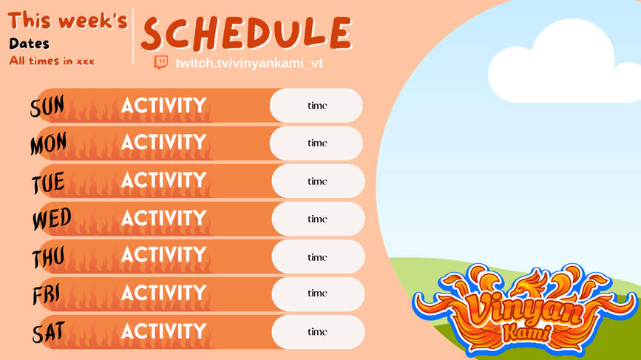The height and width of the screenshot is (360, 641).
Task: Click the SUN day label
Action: coord(47,106)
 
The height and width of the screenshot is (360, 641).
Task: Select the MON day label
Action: coord(48,143)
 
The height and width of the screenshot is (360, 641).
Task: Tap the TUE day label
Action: coord(48,183)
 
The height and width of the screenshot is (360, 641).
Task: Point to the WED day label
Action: coord(52,219)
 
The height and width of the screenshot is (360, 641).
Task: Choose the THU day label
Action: coord(48,257)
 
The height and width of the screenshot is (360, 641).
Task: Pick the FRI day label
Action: coord(46,295)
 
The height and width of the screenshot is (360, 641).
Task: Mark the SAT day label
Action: coord(49,332)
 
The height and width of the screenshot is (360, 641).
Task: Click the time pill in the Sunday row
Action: coord(316,106)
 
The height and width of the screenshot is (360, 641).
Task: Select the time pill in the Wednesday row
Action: coord(318,219)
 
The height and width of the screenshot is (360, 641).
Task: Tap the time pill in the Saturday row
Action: coord(318,332)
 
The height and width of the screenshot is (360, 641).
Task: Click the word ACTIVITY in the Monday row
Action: coord(164,142)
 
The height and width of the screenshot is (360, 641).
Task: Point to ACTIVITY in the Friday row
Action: coord(164,293)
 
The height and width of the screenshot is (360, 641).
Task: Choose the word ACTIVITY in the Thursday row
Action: coord(164,254)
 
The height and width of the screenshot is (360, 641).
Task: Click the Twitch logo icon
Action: coord(160,63)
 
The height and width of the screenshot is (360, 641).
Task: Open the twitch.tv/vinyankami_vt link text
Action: coord(249,64)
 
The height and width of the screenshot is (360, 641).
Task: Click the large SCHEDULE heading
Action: coord(246,33)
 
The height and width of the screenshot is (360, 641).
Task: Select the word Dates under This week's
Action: coord(29,44)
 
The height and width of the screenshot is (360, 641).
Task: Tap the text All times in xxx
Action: coord(52,61)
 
